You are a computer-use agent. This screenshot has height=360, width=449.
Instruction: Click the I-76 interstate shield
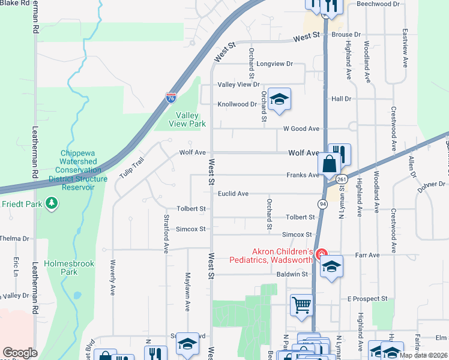(x=171, y=96)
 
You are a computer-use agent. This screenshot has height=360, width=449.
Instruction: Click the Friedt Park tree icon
(x=53, y=203)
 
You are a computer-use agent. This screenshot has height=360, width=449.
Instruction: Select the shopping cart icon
(x=302, y=304)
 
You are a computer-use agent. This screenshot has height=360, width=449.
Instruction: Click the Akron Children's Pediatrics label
(x=271, y=256)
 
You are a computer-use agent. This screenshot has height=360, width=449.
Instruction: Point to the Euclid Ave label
(x=233, y=194)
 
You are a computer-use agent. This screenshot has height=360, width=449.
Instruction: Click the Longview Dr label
(x=274, y=64)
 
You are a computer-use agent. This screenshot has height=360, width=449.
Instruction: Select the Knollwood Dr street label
(x=237, y=104)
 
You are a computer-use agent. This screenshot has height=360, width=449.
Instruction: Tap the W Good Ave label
(x=301, y=128)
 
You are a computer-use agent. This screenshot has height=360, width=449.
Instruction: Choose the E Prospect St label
(x=367, y=299)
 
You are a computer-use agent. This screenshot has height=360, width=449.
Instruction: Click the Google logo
(x=20, y=353)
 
